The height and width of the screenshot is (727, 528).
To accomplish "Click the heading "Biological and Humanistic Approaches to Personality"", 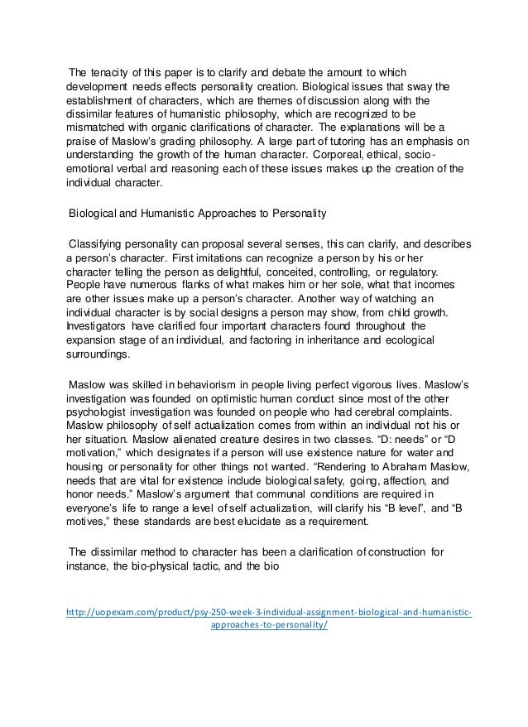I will point(198,214).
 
